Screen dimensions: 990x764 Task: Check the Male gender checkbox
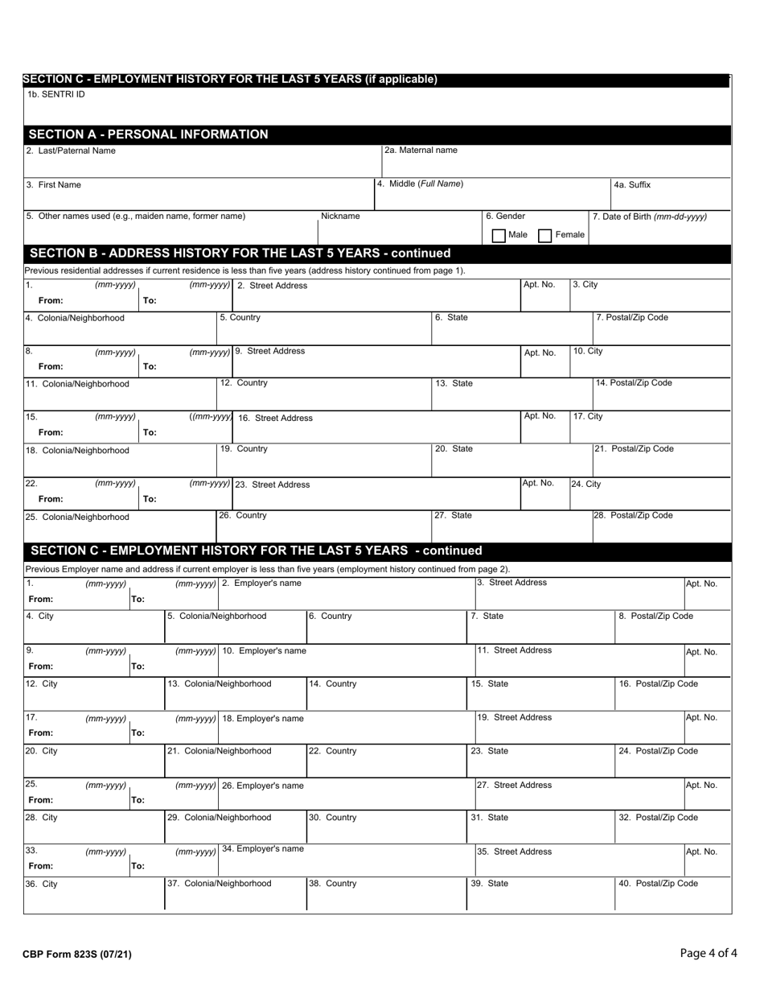(x=499, y=236)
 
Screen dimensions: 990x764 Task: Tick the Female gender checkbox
(x=544, y=236)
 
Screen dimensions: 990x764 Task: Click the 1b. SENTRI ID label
(x=55, y=94)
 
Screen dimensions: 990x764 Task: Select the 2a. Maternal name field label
(x=421, y=150)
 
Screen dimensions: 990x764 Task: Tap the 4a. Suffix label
(x=632, y=184)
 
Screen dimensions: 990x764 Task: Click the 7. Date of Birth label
(x=650, y=217)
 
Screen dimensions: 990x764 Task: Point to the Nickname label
(x=340, y=217)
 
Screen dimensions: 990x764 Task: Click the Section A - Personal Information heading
(x=148, y=134)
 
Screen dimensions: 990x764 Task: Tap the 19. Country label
(x=244, y=448)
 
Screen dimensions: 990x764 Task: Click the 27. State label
(x=454, y=515)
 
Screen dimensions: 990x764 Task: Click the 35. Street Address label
(x=515, y=851)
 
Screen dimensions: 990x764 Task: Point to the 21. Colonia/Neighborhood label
(x=220, y=751)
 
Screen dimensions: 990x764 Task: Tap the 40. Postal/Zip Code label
(x=658, y=883)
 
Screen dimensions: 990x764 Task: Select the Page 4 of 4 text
(x=708, y=954)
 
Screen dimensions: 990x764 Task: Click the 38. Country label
(x=333, y=883)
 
